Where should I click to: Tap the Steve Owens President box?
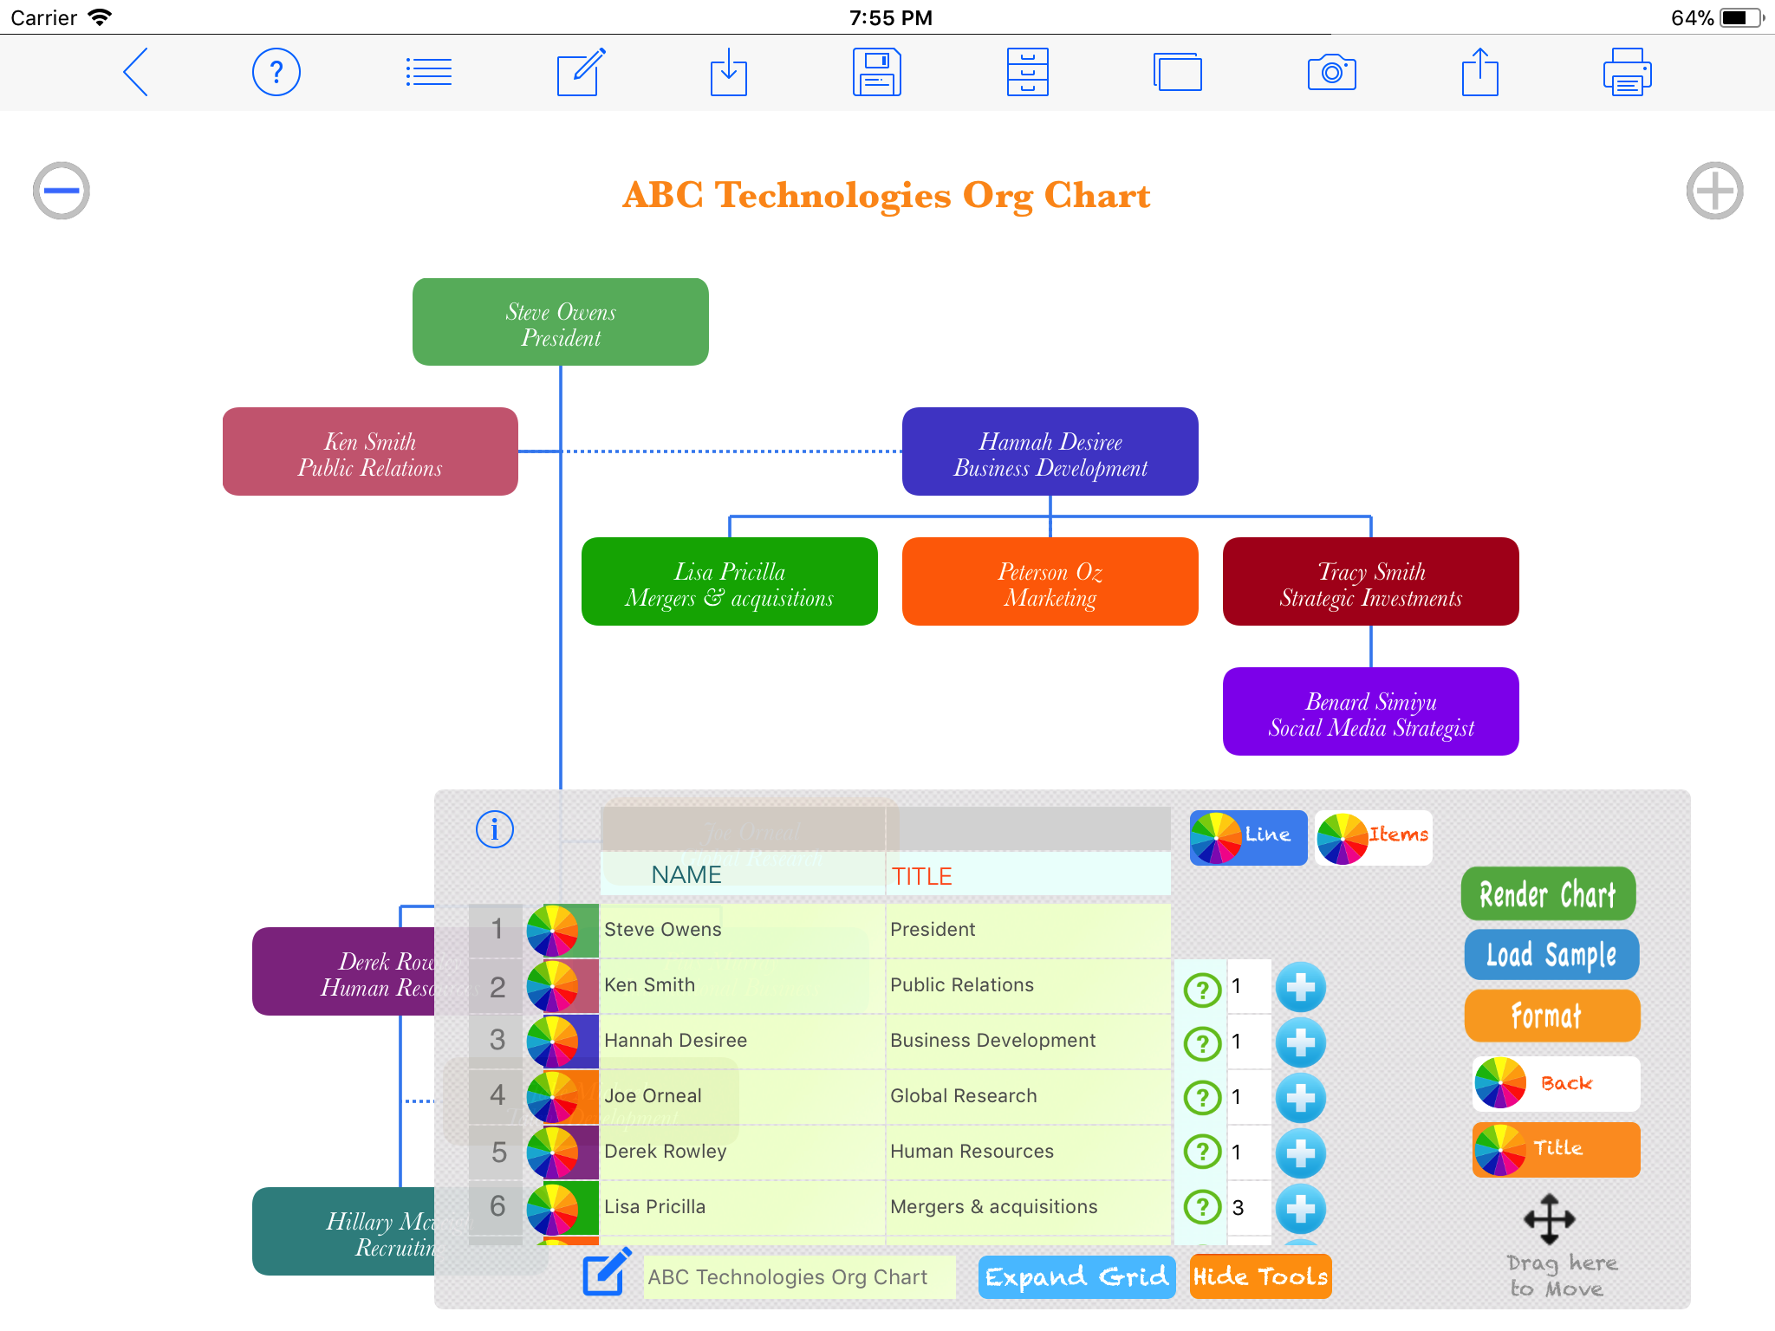click(561, 322)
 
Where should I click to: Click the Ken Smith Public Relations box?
click(370, 451)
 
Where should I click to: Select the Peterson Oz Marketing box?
click(1050, 581)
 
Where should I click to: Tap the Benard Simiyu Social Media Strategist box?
click(1370, 711)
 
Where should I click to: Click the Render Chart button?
click(1548, 894)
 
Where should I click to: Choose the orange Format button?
click(1551, 1016)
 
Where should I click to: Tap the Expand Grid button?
click(1076, 1276)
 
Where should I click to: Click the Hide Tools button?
click(1260, 1276)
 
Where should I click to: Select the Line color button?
click(1248, 836)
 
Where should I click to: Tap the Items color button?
click(1373, 836)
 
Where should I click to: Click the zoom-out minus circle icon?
click(62, 191)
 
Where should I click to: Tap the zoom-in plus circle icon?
click(1714, 191)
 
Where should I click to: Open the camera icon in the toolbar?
click(1331, 72)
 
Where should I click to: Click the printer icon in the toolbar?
click(1627, 72)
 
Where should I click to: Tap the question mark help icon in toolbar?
click(276, 72)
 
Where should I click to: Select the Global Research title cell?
click(1027, 1096)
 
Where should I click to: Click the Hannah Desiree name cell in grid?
click(741, 1041)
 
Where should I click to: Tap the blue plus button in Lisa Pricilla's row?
click(1300, 1207)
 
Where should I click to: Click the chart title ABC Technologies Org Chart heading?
click(886, 196)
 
